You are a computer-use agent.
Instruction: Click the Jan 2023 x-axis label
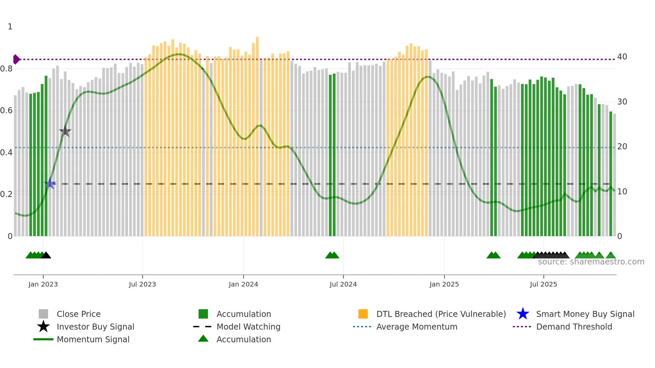coord(43,284)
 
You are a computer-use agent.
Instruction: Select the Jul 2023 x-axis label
coord(142,284)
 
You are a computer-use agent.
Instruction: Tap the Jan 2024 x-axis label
coord(243,284)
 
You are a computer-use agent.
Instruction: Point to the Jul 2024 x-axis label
coord(343,284)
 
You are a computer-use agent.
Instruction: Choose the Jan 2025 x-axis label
coord(444,284)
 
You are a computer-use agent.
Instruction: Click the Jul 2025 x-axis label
coord(543,284)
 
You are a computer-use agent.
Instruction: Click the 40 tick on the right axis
coord(622,57)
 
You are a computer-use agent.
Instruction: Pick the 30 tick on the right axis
coord(622,102)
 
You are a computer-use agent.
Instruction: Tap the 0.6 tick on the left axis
coord(7,111)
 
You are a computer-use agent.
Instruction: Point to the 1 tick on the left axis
coord(10,27)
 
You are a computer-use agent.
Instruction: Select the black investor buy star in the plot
coord(65,132)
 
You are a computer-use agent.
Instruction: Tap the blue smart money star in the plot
coord(50,183)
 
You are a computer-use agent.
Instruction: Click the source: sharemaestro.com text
coord(591,262)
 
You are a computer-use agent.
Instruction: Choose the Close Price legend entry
coord(79,314)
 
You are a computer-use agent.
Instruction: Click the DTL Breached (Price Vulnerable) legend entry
coord(441,314)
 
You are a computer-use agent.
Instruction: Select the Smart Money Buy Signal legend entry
coord(585,314)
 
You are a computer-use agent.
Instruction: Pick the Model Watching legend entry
coord(248,327)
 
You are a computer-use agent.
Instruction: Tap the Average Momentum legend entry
coord(416,327)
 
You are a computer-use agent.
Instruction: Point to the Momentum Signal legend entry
coord(93,339)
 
